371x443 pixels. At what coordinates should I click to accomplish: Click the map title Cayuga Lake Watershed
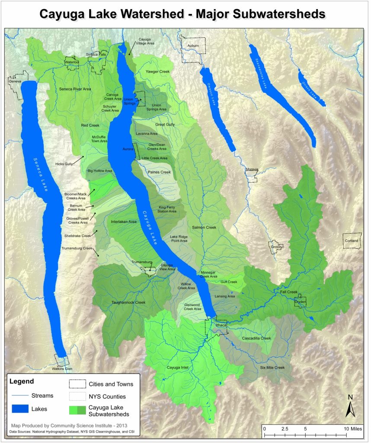pos(182,14)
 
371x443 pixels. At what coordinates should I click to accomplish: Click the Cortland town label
pos(351,241)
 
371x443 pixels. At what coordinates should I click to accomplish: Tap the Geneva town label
pos(15,81)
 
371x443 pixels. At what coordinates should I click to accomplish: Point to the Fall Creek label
pos(289,292)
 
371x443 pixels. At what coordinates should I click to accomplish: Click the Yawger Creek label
pos(157,71)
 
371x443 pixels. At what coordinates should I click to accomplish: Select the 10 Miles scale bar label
pos(352,428)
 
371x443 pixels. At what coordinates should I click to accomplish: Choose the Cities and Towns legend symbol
pos(77,384)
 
